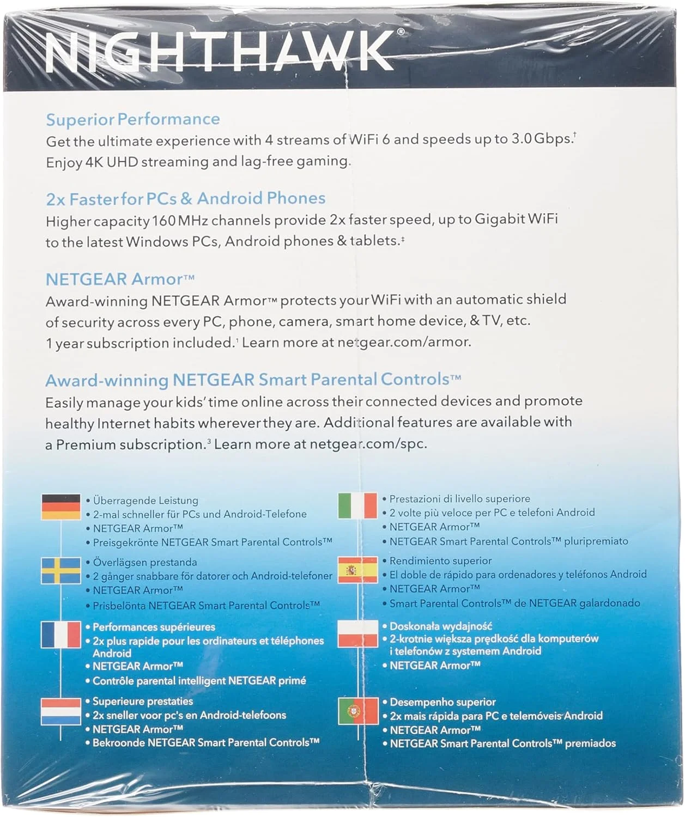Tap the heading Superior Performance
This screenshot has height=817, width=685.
click(133, 119)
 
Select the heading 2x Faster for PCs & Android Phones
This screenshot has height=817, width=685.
click(185, 198)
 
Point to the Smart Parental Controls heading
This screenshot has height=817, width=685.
click(253, 380)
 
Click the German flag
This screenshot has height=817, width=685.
click(61, 507)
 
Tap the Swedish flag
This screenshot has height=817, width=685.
click(61, 570)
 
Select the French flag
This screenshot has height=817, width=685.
click(61, 635)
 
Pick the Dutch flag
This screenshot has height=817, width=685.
click(61, 711)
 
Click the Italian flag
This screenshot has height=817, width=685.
click(357, 506)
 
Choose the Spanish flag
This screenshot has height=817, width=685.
click(357, 570)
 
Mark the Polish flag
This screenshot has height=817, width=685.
click(357, 633)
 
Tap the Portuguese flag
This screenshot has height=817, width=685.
click(357, 711)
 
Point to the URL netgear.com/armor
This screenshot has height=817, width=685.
click(404, 342)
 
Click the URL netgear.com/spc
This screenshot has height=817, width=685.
click(368, 444)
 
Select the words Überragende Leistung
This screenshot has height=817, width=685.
click(146, 500)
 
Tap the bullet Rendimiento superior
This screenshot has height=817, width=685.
click(440, 560)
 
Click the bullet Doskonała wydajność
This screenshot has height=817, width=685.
click(440, 626)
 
